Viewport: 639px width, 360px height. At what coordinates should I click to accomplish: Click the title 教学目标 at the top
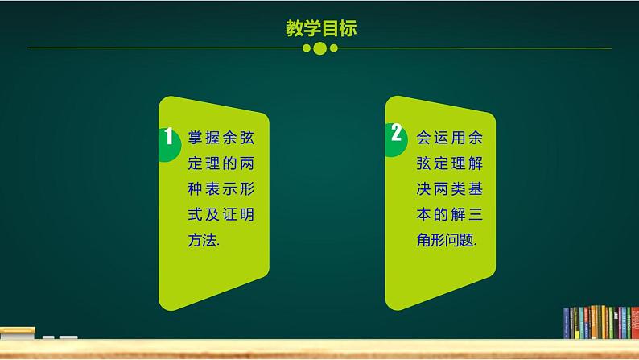tap(320, 29)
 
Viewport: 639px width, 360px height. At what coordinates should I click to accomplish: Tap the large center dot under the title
tap(319, 49)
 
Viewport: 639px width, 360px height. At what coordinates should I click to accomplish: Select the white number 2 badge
tap(395, 133)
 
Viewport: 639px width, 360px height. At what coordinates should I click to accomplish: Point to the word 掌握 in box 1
tap(196, 137)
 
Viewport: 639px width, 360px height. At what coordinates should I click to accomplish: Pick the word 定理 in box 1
tap(196, 163)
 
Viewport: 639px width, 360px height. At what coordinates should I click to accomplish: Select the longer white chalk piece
tap(68, 337)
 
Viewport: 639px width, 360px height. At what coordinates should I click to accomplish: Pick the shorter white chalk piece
tap(48, 337)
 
